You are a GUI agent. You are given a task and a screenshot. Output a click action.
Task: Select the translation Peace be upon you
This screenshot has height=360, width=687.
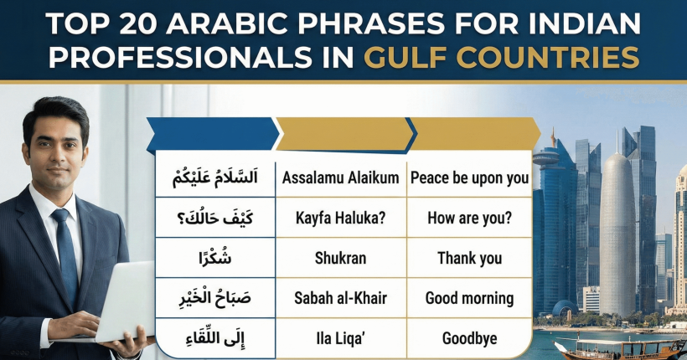click(469, 177)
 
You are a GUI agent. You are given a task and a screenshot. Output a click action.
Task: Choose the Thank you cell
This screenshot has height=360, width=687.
click(469, 258)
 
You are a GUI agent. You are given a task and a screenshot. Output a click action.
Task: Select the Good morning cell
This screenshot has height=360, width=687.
click(469, 298)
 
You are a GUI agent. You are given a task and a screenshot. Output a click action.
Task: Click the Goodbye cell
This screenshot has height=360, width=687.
click(469, 338)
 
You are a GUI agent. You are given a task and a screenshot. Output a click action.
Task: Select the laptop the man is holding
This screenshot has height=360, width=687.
click(117, 301)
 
